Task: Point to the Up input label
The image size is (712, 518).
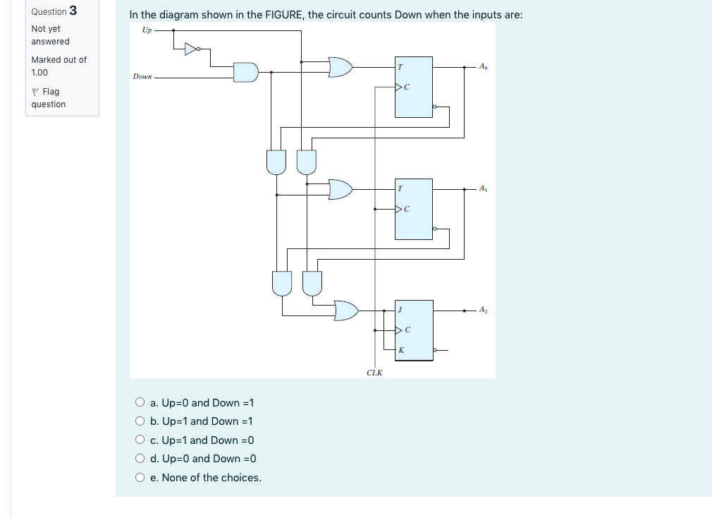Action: click(147, 30)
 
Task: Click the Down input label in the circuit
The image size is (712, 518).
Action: click(142, 76)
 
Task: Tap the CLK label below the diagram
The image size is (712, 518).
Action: click(374, 373)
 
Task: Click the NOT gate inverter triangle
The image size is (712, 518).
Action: click(191, 49)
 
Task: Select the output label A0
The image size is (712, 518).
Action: click(482, 67)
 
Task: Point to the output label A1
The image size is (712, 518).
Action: click(482, 188)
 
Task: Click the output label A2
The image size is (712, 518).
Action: click(482, 310)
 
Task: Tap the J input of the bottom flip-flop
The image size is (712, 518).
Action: click(400, 310)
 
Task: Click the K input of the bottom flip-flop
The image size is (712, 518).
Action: click(400, 349)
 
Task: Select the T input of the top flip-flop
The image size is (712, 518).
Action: click(400, 67)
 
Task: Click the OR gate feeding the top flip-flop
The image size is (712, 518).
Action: click(340, 67)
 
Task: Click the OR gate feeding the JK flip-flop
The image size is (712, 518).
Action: click(345, 310)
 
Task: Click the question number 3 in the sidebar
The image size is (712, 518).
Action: click(73, 11)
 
